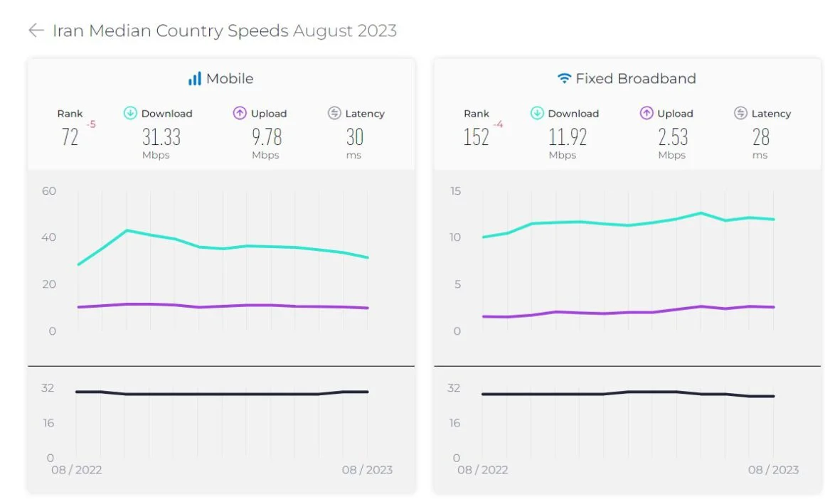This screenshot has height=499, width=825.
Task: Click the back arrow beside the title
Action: coord(36,31)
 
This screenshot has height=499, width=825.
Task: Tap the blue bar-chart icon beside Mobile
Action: coord(194,79)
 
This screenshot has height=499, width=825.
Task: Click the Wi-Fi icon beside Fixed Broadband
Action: coord(564,79)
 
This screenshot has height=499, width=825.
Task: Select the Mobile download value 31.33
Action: coord(161,136)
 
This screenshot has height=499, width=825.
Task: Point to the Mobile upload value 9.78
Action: coord(266,136)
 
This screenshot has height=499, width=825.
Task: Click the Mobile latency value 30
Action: coord(354,136)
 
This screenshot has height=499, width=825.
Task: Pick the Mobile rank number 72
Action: coord(70,136)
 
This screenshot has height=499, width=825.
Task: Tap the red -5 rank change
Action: coord(91,125)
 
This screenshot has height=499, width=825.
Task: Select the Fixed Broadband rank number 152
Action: coord(476,136)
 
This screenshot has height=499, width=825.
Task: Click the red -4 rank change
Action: coord(499,125)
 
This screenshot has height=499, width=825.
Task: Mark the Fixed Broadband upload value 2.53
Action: coord(672,136)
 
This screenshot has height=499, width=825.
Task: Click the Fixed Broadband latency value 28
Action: coord(760,136)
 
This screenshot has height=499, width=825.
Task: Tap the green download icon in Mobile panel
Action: coord(130,113)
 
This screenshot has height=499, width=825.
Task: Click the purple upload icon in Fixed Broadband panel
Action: coord(646,113)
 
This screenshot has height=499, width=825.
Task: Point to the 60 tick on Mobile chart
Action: coord(48,191)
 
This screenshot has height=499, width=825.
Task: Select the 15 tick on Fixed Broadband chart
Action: coord(455,191)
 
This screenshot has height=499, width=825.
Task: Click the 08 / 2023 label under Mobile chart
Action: coord(367,470)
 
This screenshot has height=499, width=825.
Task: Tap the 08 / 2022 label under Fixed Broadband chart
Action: coord(483,470)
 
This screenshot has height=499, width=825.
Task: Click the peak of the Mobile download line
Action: coord(127,230)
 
